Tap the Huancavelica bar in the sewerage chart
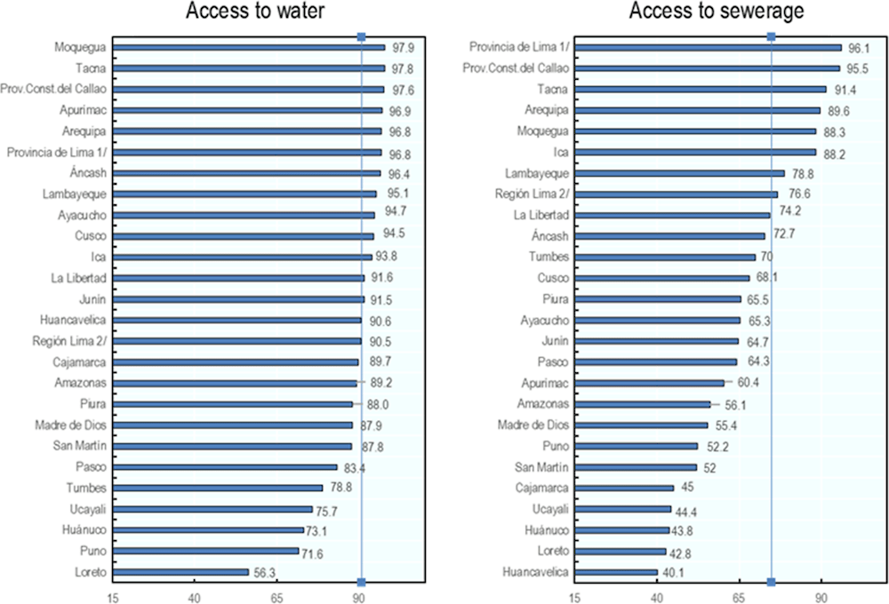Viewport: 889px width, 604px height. [616, 572]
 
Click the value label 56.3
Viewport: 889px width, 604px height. [266, 572]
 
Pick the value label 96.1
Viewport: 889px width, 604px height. [859, 47]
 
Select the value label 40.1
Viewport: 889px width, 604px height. [675, 572]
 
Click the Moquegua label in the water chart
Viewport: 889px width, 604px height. [79, 47]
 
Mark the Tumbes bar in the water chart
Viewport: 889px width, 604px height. [218, 488]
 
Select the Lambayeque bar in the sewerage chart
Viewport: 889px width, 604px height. [680, 173]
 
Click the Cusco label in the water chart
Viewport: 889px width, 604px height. [91, 236]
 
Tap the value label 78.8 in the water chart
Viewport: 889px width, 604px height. [340, 488]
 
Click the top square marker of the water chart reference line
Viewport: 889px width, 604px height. [361, 36]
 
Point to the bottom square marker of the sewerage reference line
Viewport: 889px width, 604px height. [772, 583]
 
